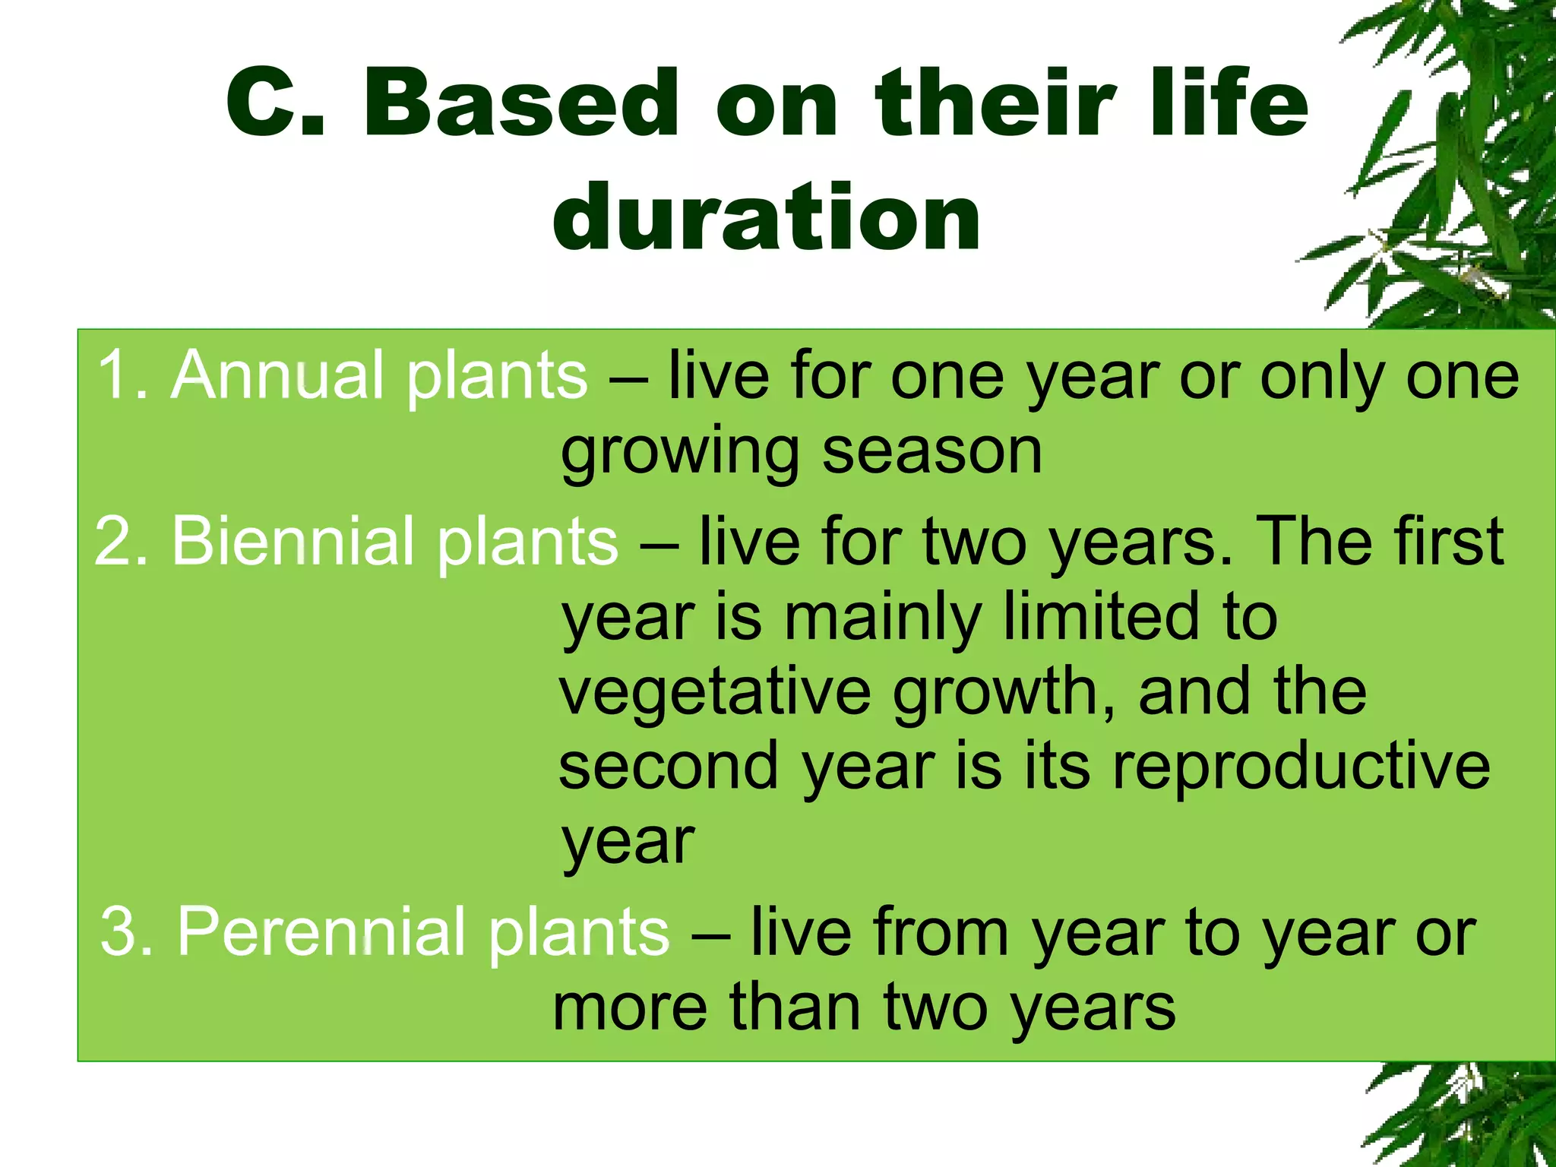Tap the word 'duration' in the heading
(x=767, y=218)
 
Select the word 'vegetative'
(x=715, y=691)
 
